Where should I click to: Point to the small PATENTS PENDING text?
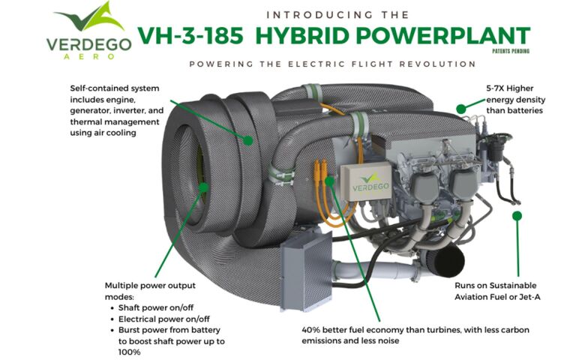tap(509, 52)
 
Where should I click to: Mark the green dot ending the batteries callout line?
tap(461, 109)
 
